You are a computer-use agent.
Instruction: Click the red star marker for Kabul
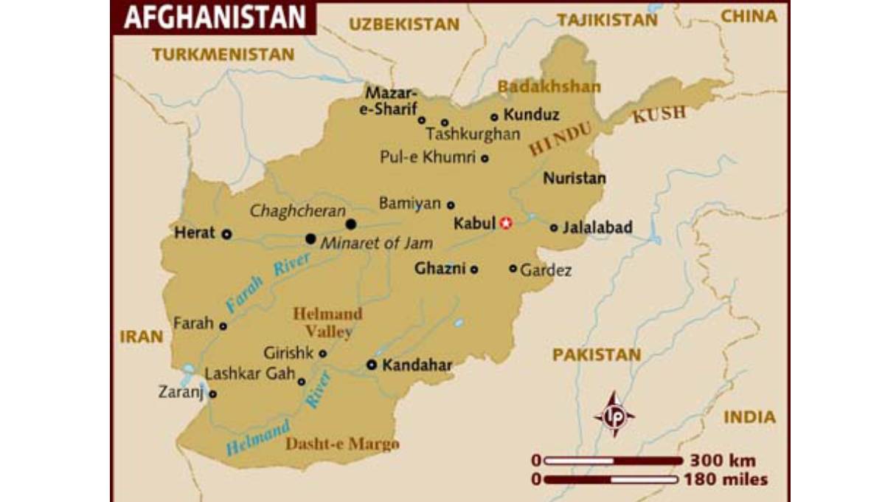coord(505,223)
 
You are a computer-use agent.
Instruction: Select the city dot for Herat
coord(226,233)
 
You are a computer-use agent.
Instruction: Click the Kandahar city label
coord(417,365)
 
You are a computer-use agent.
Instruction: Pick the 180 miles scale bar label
coord(726,480)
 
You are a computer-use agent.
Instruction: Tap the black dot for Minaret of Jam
coord(310,238)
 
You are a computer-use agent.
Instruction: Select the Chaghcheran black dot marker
coord(351,224)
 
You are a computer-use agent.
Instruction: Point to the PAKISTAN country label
coord(597,355)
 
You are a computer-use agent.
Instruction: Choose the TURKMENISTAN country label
coord(223,54)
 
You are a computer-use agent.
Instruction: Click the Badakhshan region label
coord(549,87)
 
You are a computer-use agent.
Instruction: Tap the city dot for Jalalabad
coord(554,228)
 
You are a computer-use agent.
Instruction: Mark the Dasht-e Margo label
coord(342,444)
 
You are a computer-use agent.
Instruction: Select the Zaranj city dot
coord(212,393)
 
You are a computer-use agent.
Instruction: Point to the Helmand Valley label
coord(327,323)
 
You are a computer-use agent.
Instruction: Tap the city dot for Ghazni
coord(474,269)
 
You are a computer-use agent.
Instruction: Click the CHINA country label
coord(748,17)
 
